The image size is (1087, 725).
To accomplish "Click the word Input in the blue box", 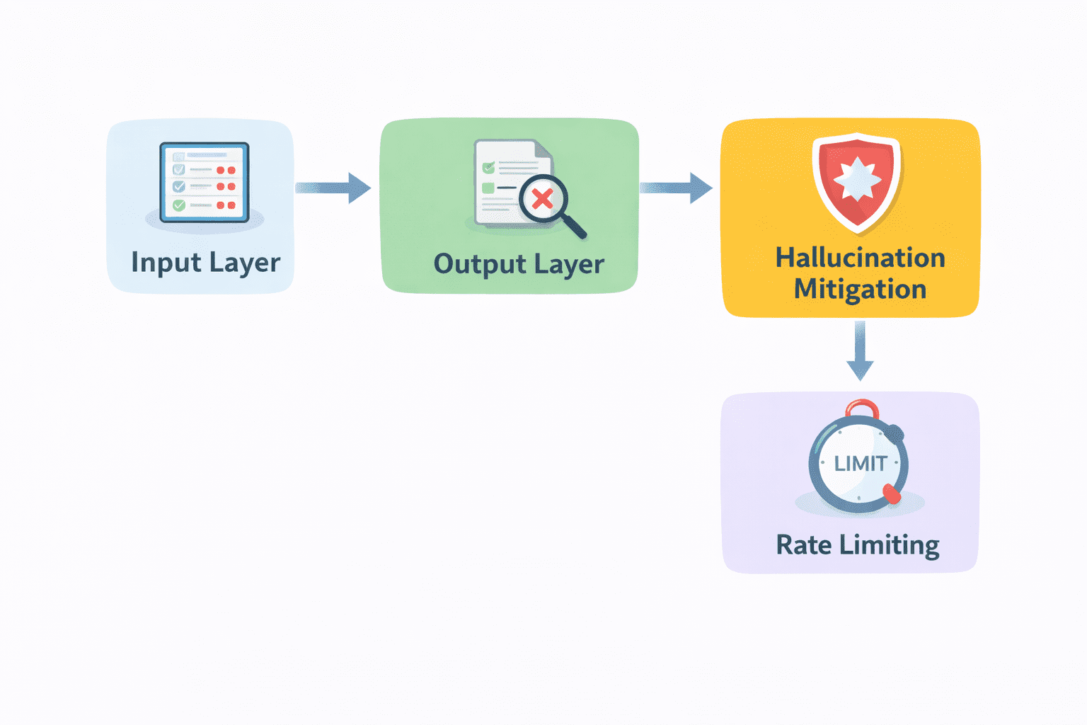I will pos(166,263).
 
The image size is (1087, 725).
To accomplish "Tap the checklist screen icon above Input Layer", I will pos(205,183).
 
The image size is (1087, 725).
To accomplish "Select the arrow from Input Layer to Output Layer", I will pos(333,188).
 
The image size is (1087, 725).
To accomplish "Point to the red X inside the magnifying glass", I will pos(542,198).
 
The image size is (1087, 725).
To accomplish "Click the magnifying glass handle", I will pos(574,227).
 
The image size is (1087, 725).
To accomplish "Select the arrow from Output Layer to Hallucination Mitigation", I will pos(676,188).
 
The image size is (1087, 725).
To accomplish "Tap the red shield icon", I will pos(857,181).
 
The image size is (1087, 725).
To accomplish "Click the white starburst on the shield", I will pos(857,178).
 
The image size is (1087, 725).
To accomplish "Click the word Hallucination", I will pos(860,258).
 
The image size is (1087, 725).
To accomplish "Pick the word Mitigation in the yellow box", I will pos(860,289).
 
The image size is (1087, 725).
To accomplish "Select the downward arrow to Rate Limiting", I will pos(860,351).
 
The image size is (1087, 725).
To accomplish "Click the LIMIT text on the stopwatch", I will pos(860,464).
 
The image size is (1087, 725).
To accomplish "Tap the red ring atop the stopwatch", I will pos(862,409).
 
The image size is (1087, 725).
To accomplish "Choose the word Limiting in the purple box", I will pos(890,546).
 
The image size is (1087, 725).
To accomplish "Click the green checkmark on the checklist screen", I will pos(179,205).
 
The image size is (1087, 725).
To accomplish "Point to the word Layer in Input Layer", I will pos(245,263).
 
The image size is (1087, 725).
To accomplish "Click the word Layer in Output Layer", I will pos(569,265).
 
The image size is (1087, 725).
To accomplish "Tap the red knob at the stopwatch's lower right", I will pos(892,493).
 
